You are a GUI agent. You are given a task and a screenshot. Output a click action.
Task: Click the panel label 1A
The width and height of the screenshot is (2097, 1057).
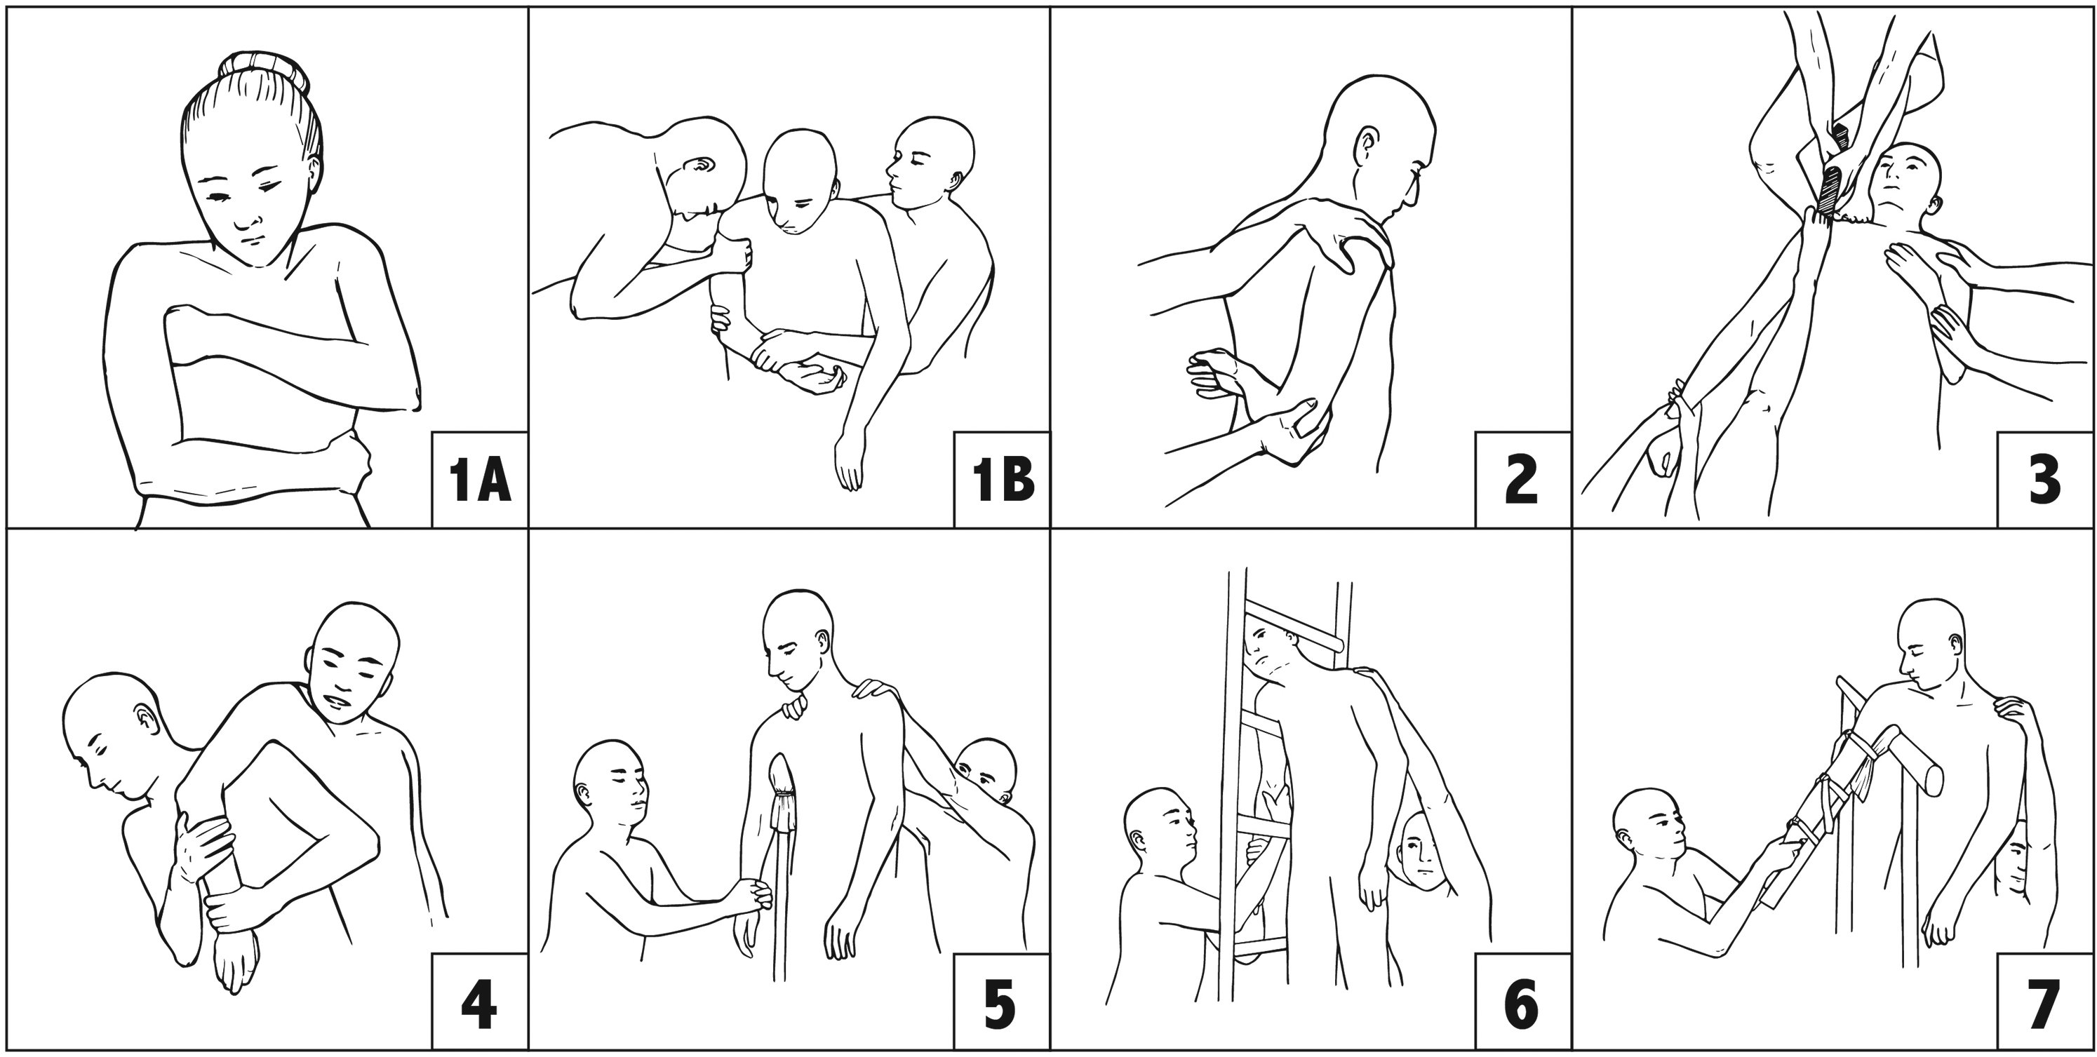[479, 482]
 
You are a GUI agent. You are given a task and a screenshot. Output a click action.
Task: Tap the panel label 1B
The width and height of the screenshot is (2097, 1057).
[1003, 482]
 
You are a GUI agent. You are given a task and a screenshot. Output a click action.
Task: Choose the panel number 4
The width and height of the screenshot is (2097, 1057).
[478, 1005]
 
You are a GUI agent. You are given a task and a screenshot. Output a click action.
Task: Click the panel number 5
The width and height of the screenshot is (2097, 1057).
[1000, 1005]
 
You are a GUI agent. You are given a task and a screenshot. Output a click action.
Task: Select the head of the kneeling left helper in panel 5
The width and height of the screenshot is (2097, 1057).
[610, 786]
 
